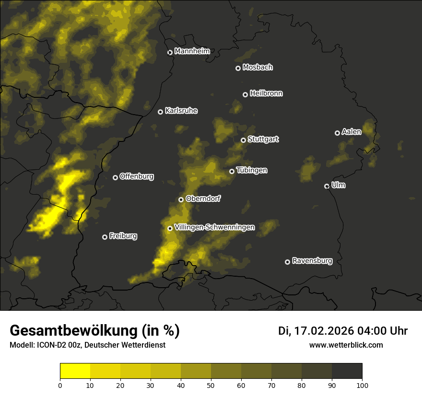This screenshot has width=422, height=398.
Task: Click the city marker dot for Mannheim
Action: (x=170, y=53)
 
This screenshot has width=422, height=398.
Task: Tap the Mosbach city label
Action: (x=258, y=68)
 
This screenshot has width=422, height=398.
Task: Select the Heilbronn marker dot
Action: (x=245, y=94)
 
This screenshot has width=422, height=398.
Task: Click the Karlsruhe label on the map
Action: (x=181, y=111)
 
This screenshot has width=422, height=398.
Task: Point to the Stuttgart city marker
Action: (x=243, y=140)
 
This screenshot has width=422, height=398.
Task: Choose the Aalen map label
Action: (x=352, y=132)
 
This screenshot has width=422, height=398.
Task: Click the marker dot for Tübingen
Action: (x=232, y=171)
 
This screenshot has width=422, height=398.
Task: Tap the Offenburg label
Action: (x=137, y=176)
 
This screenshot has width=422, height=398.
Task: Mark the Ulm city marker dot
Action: (x=327, y=186)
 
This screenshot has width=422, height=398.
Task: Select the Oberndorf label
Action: (x=203, y=199)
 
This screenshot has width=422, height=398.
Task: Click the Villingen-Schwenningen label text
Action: (x=214, y=227)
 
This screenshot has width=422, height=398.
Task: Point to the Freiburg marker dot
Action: (x=105, y=237)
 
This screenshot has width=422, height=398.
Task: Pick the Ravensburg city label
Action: (x=312, y=261)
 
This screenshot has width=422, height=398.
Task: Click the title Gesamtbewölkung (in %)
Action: (x=94, y=331)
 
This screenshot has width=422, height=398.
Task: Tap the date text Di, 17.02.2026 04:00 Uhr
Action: (x=343, y=331)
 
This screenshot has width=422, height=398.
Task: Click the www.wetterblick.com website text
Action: (x=346, y=345)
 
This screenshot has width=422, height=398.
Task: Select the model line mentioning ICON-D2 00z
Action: (x=87, y=345)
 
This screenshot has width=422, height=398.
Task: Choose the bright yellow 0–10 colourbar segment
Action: (x=75, y=371)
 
